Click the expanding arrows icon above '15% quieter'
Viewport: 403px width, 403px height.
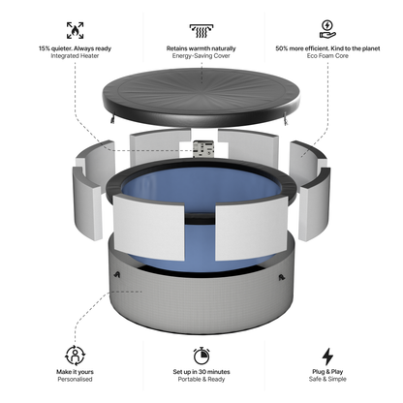click(x=75, y=29)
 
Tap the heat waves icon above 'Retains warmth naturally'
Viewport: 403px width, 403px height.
click(x=202, y=29)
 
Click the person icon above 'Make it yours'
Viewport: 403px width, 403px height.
click(x=75, y=355)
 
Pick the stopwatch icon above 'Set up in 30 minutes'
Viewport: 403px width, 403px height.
click(x=201, y=355)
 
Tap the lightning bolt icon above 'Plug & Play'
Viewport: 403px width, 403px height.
click(x=327, y=355)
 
